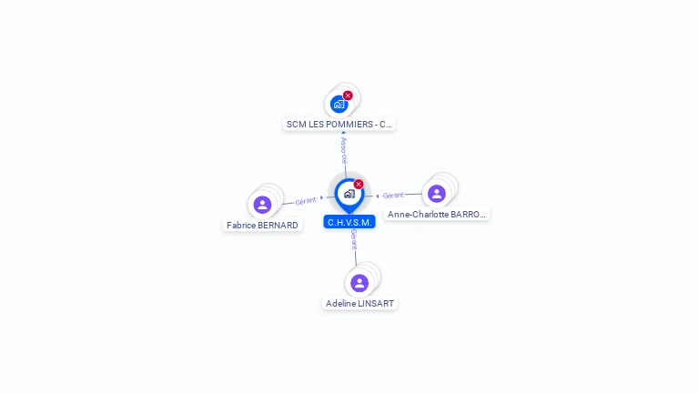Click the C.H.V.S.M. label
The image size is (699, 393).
[349, 222]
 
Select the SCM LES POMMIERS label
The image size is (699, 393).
[339, 124]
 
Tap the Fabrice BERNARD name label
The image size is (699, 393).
[262, 225]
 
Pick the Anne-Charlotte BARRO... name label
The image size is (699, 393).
[436, 215]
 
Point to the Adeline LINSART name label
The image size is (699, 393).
[360, 303]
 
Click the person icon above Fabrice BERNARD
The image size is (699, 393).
[263, 204]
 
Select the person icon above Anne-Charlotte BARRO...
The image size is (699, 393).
[437, 193]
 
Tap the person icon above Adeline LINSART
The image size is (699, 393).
[360, 282]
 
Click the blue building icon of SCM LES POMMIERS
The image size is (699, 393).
[339, 104]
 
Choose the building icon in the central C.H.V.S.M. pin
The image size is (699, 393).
[349, 194]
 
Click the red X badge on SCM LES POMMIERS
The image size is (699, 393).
[348, 96]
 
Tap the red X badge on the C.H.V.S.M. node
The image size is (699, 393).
[359, 185]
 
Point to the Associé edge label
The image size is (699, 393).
[344, 148]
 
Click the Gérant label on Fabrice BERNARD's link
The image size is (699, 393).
[306, 200]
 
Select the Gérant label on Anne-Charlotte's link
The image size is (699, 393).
[392, 195]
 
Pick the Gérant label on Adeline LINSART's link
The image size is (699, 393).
[353, 240]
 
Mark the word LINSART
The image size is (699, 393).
[377, 303]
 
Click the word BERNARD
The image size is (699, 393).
[278, 225]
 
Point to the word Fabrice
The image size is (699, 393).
[240, 225]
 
